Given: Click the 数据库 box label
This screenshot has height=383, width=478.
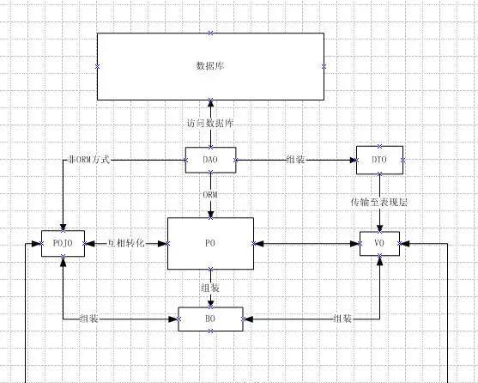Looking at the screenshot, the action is pyautogui.click(x=210, y=66).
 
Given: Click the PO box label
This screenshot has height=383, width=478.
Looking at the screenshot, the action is pyautogui.click(x=210, y=243).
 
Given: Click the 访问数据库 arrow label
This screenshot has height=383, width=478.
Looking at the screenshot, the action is pyautogui.click(x=210, y=123).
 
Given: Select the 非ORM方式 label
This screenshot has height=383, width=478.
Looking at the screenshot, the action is pyautogui.click(x=88, y=160).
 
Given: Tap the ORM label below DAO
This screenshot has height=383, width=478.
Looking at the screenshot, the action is pyautogui.click(x=210, y=195).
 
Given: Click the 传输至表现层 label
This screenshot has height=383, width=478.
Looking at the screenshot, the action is pyautogui.click(x=379, y=202).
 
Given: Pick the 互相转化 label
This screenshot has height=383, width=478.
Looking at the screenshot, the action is pyautogui.click(x=125, y=243).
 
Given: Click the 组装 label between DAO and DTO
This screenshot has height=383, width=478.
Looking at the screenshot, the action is pyautogui.click(x=296, y=159).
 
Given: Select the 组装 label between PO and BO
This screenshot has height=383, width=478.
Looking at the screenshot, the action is pyautogui.click(x=210, y=288).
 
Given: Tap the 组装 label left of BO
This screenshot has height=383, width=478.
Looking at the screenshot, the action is pyautogui.click(x=88, y=319).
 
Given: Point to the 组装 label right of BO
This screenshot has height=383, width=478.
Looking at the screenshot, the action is pyautogui.click(x=342, y=319).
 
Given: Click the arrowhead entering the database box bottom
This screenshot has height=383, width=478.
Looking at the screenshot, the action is pyautogui.click(x=210, y=103).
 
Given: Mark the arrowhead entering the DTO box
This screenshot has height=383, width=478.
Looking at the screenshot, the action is pyautogui.click(x=353, y=160).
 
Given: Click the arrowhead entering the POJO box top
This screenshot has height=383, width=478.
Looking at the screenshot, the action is pyautogui.click(x=64, y=228).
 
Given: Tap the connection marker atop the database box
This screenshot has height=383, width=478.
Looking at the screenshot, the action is pyautogui.click(x=210, y=33).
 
